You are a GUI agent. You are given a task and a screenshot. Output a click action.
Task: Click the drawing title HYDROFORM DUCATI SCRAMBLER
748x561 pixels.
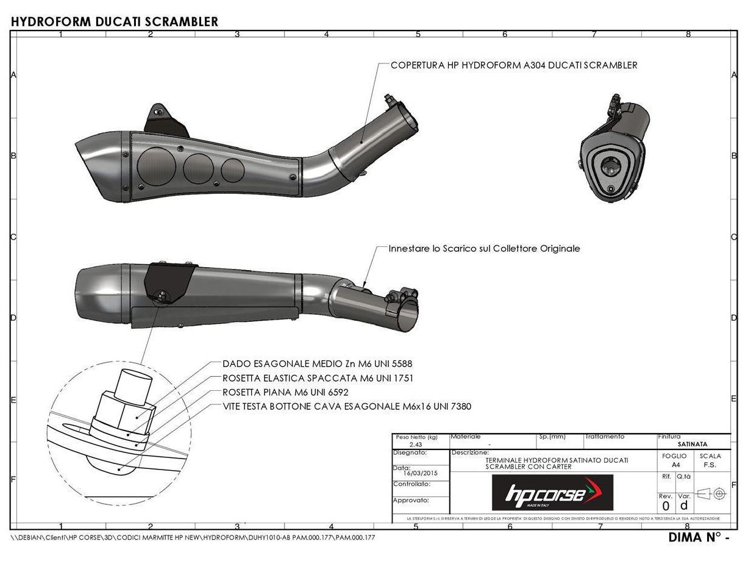[x=115, y=22]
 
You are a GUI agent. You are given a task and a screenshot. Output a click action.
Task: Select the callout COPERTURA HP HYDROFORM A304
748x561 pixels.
[x=514, y=65]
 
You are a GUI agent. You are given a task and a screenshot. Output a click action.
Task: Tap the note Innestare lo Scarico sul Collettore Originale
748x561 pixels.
[x=485, y=249]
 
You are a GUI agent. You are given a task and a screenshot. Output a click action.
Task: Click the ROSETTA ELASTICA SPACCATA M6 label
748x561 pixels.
[x=318, y=378]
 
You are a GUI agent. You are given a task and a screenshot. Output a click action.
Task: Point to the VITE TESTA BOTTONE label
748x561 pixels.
[x=346, y=406]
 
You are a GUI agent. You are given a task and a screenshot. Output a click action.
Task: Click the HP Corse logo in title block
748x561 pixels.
[x=552, y=493]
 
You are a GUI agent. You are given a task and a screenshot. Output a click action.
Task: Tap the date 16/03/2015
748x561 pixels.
[x=421, y=472]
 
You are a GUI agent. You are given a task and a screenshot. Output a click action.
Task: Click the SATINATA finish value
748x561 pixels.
[x=693, y=445]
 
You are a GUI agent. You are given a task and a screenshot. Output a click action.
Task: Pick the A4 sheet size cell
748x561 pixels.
[x=674, y=464]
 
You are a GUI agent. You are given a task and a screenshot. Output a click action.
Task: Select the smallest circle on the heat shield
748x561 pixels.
[x=232, y=170]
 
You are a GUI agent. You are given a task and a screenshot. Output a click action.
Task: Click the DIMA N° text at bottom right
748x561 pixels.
[x=699, y=538]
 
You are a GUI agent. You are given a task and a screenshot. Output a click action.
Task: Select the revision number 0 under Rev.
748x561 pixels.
[x=666, y=506]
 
